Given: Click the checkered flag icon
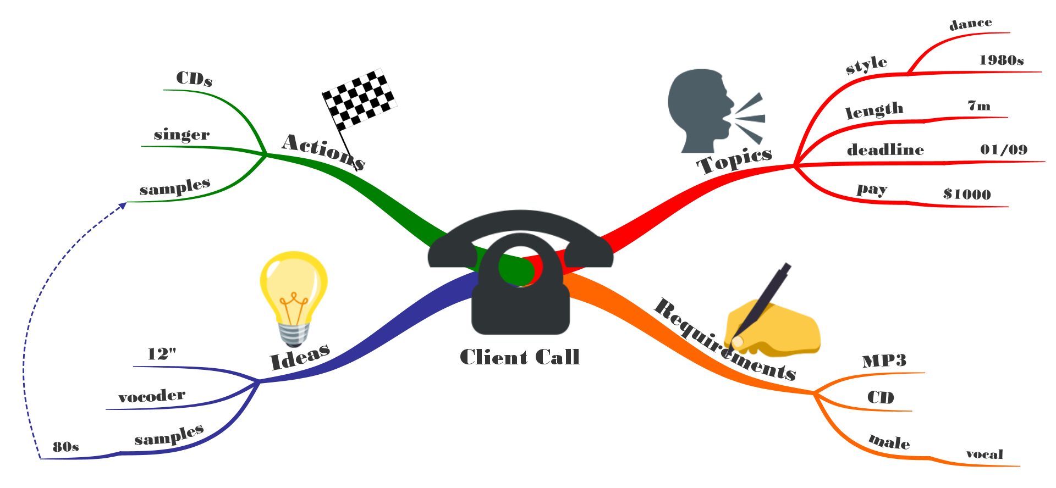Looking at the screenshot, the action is click(359, 99).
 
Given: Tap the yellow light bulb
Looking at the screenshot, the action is click(294, 297).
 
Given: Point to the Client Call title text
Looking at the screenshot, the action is click(520, 357).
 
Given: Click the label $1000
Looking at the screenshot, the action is click(967, 194).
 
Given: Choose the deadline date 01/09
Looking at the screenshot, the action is click(1004, 149).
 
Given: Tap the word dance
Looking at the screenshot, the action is click(971, 24).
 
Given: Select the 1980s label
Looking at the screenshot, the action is click(1002, 60).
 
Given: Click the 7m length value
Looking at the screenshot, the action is click(979, 106).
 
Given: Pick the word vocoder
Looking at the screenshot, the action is click(152, 396).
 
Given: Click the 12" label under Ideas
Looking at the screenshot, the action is click(162, 354).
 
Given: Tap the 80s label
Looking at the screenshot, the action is click(66, 447).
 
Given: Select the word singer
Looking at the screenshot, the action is click(182, 135).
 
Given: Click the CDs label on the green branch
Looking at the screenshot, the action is click(194, 79).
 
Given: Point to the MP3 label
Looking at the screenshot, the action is click(884, 361).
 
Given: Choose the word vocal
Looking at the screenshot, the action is click(985, 454).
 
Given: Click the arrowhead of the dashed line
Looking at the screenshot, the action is click(123, 205).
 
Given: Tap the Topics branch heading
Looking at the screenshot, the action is click(734, 160).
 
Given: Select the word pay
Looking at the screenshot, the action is click(872, 190).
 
